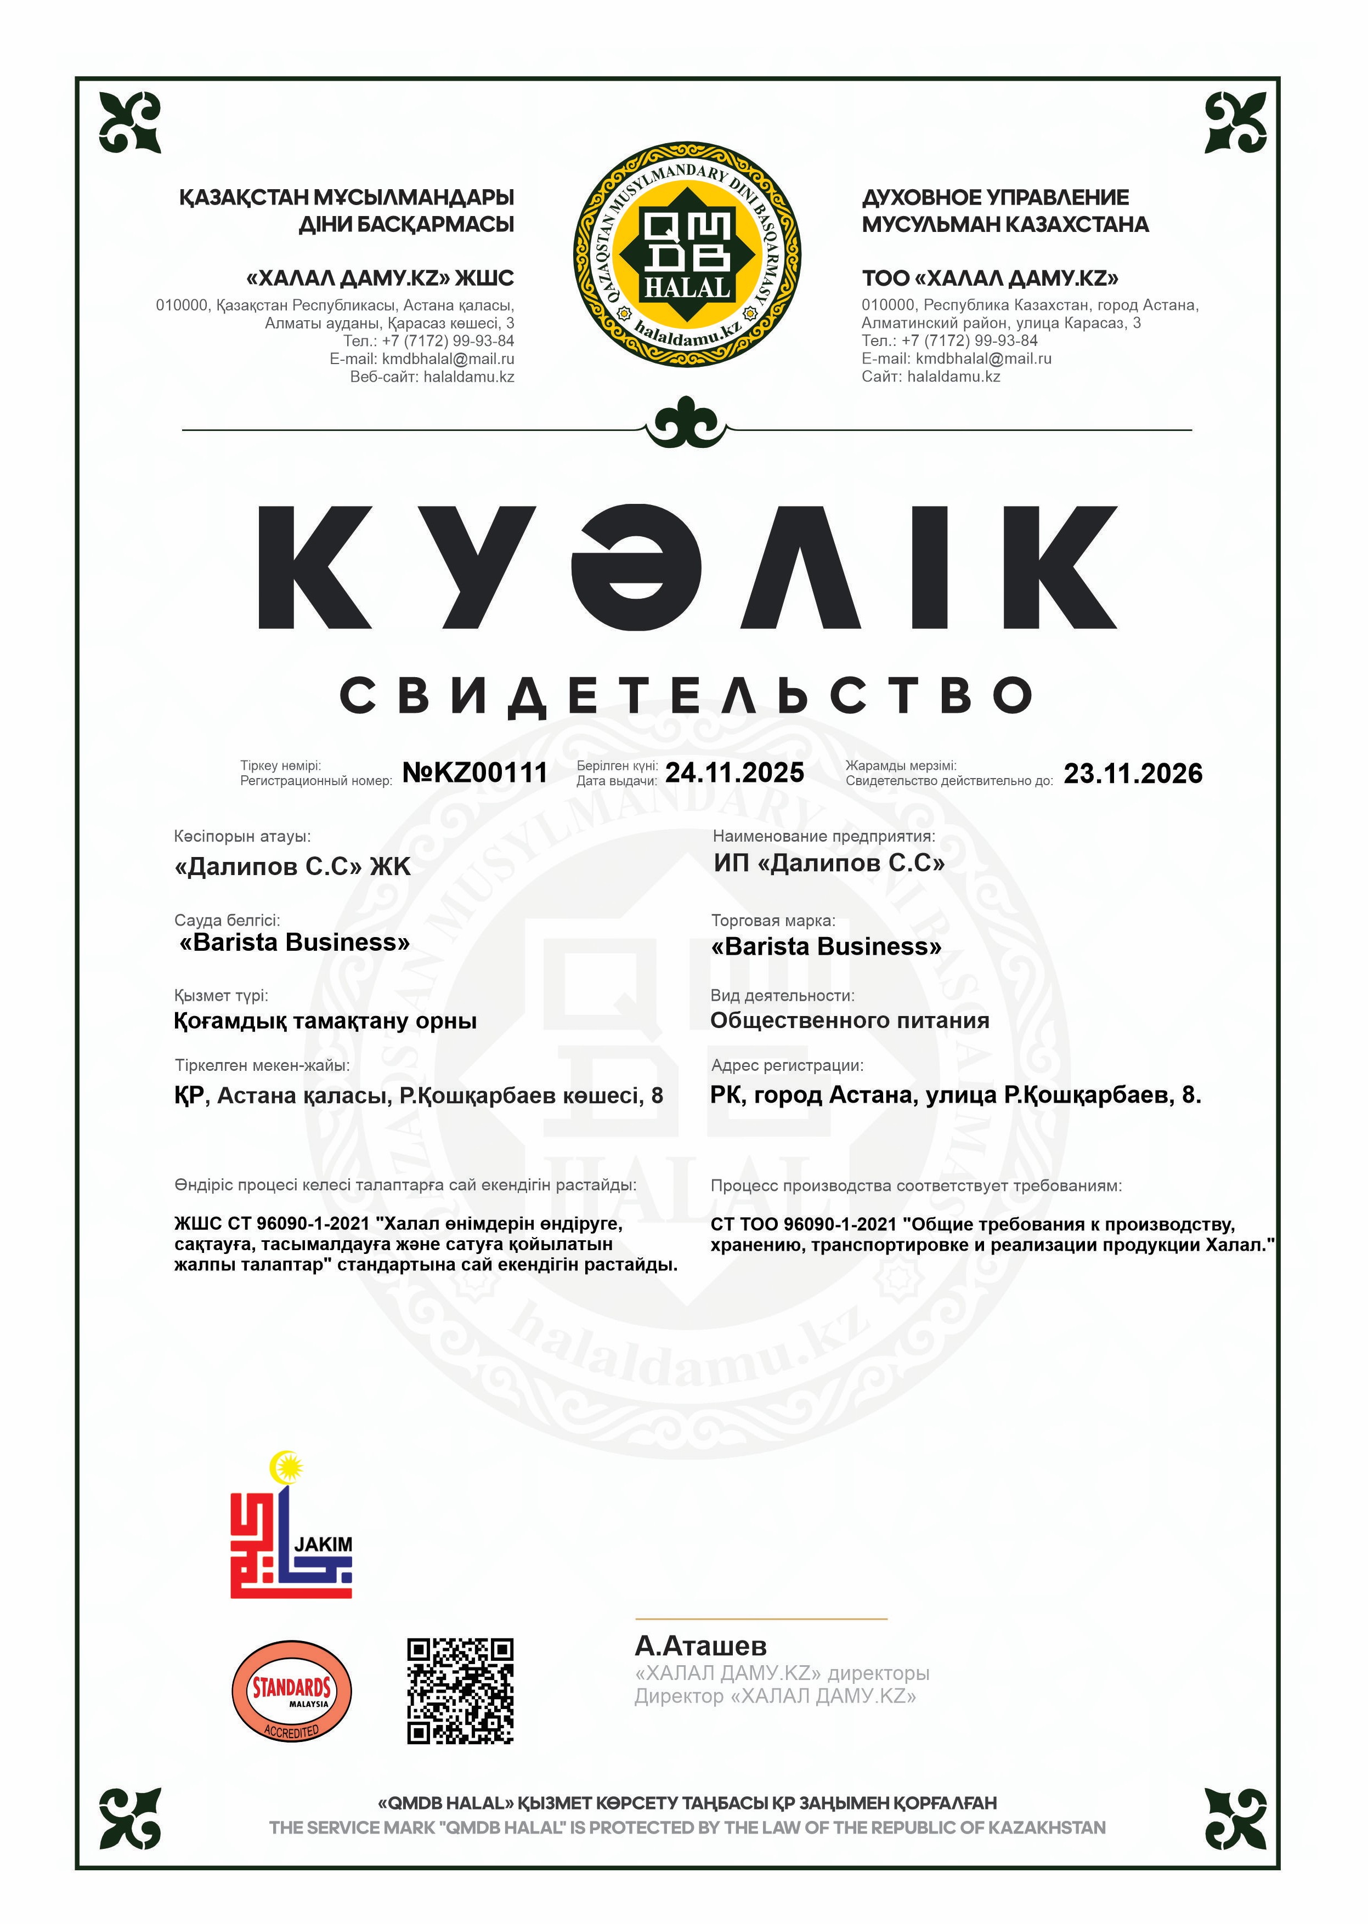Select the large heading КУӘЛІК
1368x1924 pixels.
click(x=687, y=567)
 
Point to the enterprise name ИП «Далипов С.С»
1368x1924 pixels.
click(x=829, y=863)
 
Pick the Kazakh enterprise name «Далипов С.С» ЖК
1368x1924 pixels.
click(x=292, y=866)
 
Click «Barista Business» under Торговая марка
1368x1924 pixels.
click(x=826, y=946)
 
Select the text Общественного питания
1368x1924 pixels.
click(x=849, y=1020)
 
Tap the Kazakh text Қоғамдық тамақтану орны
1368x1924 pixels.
click(x=325, y=1021)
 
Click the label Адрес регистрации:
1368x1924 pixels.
click(x=787, y=1065)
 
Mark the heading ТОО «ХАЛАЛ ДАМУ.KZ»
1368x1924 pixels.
click(x=990, y=278)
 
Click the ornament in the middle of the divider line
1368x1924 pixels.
click(x=687, y=423)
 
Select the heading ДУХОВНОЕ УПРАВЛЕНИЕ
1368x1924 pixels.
click(x=995, y=198)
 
